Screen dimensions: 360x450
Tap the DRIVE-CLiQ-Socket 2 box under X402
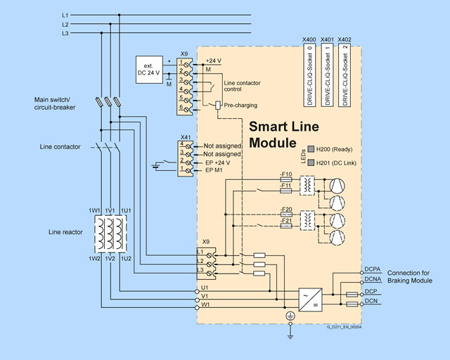tap(345, 75)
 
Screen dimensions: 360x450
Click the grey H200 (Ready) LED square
tap(311, 149)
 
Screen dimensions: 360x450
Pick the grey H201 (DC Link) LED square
tap(311, 163)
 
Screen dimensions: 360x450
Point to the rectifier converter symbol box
tap(310, 300)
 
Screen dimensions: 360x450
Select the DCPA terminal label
tap(373, 269)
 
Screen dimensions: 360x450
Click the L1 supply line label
tap(65, 15)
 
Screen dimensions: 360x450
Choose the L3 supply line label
tap(65, 33)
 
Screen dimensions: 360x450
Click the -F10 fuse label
tap(286, 173)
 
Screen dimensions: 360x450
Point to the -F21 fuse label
tap(286, 221)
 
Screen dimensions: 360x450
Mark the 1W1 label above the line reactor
tap(94, 211)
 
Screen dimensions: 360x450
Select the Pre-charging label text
tap(240, 105)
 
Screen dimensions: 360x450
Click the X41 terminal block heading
tap(186, 136)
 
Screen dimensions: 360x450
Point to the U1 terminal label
tap(205, 288)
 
